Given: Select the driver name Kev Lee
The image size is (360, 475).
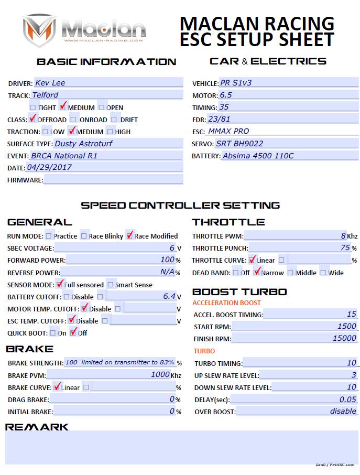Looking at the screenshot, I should (x=50, y=82).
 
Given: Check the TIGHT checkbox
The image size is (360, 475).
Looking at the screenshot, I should (x=33, y=107).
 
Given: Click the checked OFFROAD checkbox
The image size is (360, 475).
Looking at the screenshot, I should (x=33, y=119).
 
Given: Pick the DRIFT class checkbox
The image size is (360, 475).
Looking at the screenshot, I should (x=115, y=120).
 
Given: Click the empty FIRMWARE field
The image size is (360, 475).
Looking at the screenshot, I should (x=113, y=180).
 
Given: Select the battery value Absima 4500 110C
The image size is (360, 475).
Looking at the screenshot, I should (x=258, y=156).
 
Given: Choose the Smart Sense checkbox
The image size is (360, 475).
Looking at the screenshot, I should (x=111, y=285).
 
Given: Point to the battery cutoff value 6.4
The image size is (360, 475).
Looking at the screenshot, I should (x=169, y=296).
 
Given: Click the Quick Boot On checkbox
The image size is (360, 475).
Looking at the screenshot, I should (x=52, y=333).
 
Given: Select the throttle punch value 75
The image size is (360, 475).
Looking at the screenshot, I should (x=345, y=247).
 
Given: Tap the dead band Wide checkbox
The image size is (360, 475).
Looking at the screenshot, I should (x=323, y=273).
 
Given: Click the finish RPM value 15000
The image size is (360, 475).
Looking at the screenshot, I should (x=344, y=338).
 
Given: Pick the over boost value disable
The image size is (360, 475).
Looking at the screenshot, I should (x=343, y=411).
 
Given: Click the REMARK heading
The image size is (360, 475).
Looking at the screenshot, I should (x=37, y=427).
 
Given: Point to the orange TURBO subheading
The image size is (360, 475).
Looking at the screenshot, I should (x=204, y=351).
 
